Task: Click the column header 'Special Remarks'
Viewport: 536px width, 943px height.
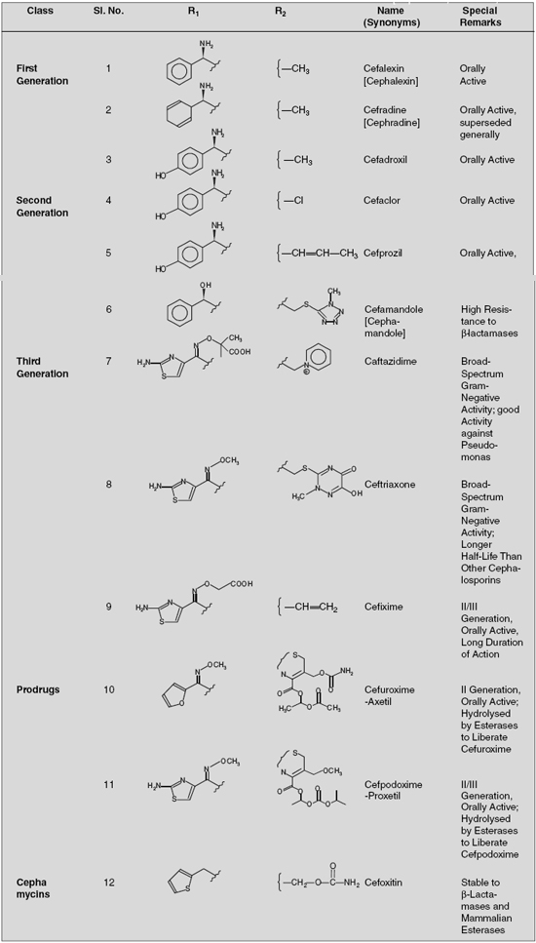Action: pos(482,17)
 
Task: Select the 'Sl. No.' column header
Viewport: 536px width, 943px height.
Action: pos(109,12)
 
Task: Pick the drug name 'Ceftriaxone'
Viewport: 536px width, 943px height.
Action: pos(386,484)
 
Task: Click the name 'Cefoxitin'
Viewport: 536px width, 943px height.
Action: pos(381,883)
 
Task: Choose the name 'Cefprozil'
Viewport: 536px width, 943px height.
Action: pos(381,253)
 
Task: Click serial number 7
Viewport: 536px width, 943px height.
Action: pos(109,362)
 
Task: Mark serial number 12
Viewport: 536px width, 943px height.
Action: pos(109,883)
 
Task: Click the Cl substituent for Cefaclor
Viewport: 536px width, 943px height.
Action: pos(298,201)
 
